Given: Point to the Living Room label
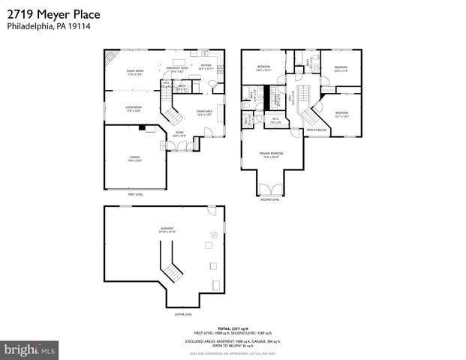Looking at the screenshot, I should [x=134, y=109].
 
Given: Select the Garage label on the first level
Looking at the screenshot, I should [x=135, y=158].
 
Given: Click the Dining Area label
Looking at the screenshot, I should [x=205, y=113].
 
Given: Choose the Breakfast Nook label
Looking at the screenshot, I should [x=174, y=70].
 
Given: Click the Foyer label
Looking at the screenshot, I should [x=180, y=134].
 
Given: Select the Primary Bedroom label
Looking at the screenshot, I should [x=269, y=155].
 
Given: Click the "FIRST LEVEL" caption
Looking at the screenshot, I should [x=135, y=194].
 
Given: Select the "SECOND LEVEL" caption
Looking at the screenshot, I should [x=269, y=199].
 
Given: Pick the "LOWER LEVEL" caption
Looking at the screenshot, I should [x=183, y=314].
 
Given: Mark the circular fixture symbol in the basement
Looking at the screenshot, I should [x=214, y=235].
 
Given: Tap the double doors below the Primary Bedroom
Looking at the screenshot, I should [x=269, y=190].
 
